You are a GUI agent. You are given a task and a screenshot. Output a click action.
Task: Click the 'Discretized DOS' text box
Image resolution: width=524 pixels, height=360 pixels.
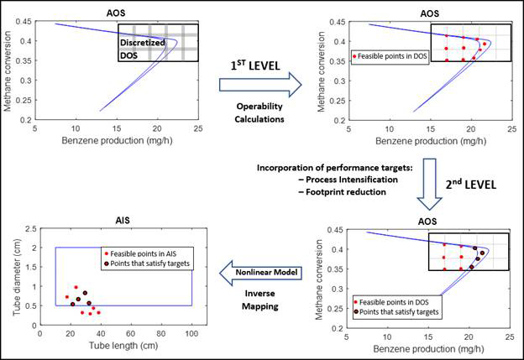[x=141, y=49]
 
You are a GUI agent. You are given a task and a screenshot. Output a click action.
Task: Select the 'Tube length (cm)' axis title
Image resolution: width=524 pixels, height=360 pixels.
[x=123, y=346]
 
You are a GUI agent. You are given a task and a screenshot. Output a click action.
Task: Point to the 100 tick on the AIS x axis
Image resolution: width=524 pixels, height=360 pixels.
[x=192, y=332]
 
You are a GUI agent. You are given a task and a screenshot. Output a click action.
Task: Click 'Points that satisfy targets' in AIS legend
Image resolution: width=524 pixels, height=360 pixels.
[x=148, y=263]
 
